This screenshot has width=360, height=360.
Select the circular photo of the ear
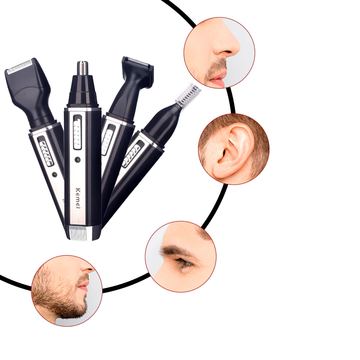tap(234, 148)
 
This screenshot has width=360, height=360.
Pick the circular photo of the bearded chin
tap(67, 291)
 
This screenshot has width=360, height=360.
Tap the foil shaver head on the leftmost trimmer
tap(20, 69)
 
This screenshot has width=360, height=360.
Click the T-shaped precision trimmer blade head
tap(137, 67)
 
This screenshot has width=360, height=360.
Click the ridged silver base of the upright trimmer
tap(81, 233)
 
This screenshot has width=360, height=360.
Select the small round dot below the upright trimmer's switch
tap(77, 159)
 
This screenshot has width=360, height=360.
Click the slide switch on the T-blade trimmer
tap(107, 139)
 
